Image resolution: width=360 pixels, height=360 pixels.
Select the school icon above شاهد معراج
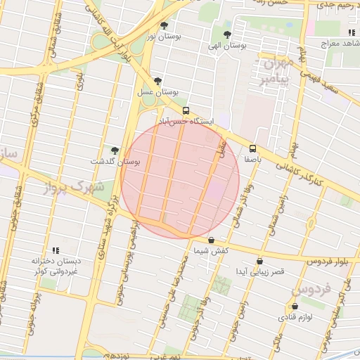click(x=350, y=32)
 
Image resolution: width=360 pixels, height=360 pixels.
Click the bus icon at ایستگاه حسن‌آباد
click(x=186, y=110)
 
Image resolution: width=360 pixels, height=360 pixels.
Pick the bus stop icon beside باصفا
click(x=253, y=148)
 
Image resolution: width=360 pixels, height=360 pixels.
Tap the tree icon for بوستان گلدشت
click(x=114, y=150)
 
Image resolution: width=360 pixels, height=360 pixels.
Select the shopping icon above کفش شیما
click(x=211, y=240)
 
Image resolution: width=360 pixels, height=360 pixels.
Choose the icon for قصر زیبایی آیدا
click(x=260, y=261)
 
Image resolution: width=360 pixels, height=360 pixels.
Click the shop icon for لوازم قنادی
click(x=294, y=306)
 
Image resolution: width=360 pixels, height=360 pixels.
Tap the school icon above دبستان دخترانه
click(x=56, y=250)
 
